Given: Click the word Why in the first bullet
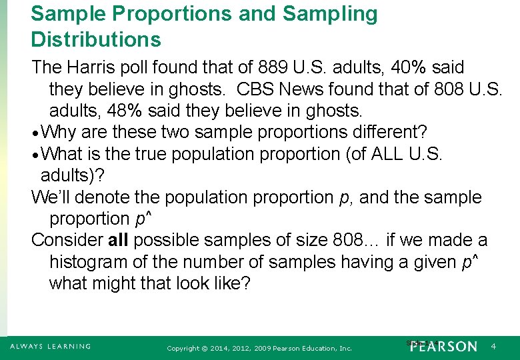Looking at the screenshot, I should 63,132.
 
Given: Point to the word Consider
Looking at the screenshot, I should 65,240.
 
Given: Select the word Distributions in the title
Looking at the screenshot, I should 96,39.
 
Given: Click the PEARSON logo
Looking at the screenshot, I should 444,347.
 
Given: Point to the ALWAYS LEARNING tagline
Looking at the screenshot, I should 51,347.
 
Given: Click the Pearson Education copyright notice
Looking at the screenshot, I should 259,348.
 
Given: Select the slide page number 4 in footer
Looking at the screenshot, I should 493,347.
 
